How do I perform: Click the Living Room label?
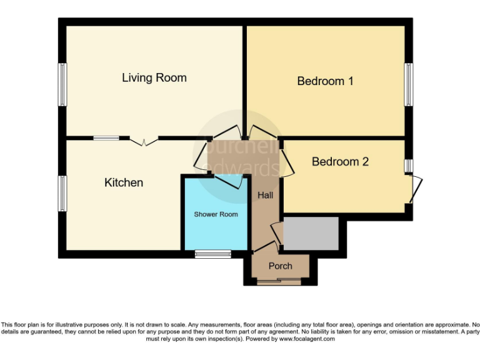pos(154,78)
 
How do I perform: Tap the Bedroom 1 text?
pos(325,81)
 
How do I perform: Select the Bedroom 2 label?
pos(340,162)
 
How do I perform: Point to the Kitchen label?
pos(123,182)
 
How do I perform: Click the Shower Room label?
pos(216,214)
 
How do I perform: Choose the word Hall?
pos(266,196)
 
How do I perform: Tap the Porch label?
pos(280,266)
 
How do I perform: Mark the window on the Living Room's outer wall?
pos(62,84)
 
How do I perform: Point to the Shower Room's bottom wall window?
pos(212,254)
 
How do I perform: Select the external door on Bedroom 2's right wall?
pos(416,189)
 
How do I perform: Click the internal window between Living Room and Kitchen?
pos(106,137)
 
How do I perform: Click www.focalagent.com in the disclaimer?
pos(306,339)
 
